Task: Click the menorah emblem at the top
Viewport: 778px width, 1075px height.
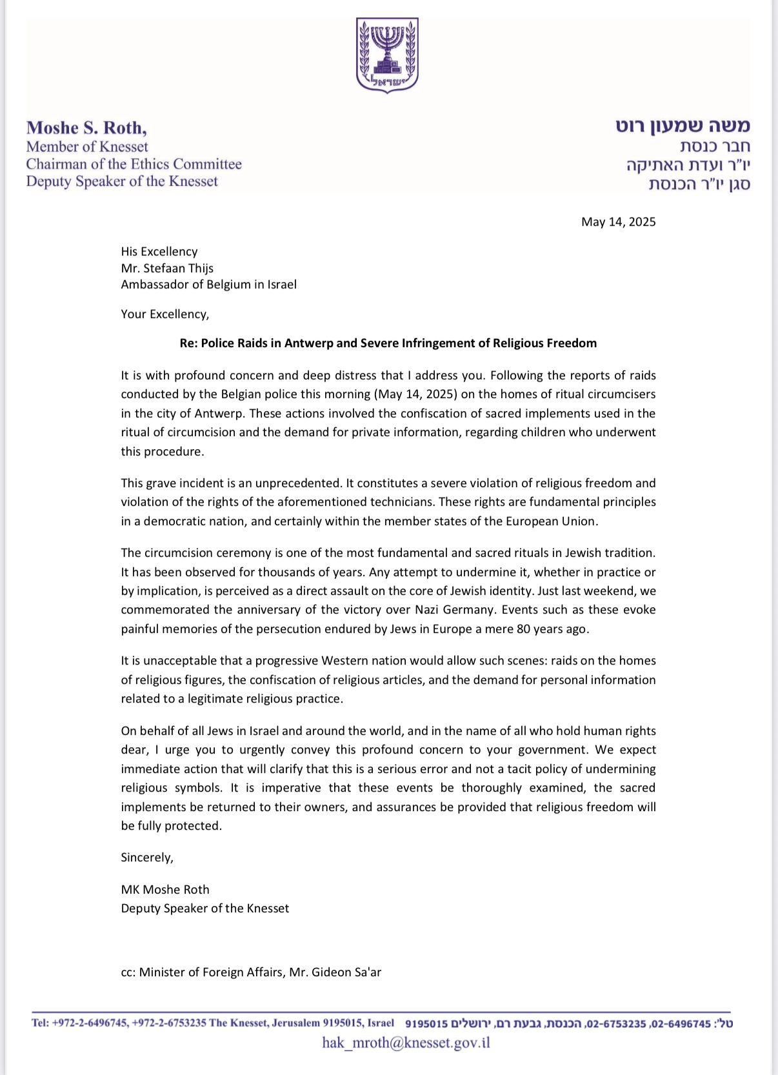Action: coord(388,54)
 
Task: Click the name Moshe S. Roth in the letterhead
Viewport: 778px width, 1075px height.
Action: coord(86,128)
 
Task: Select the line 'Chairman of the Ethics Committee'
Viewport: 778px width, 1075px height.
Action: coord(134,164)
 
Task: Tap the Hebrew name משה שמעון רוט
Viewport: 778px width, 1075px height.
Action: coord(683,126)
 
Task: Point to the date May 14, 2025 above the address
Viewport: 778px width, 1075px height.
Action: coord(618,222)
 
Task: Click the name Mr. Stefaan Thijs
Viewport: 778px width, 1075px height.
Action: coord(167,268)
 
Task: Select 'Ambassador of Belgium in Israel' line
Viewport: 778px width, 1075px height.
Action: coord(208,285)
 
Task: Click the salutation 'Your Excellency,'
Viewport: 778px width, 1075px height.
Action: coord(165,314)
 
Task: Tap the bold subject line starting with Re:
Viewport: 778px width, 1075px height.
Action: coord(388,343)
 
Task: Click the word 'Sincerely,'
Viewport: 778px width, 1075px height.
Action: coord(147,858)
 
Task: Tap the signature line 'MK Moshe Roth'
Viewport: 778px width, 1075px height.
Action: coord(165,890)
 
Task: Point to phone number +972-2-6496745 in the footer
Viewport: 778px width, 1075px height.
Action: coord(90,1023)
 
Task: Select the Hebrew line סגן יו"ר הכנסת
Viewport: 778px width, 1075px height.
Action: coord(699,185)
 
